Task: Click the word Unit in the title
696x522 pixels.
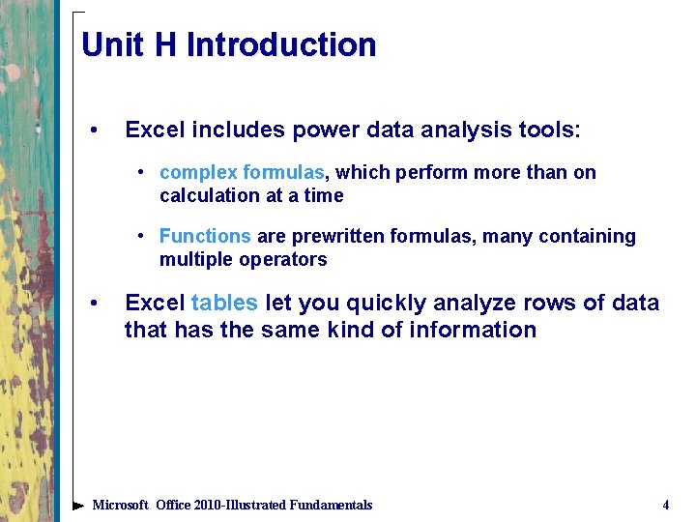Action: pyautogui.click(x=108, y=45)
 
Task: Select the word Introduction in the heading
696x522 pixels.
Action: pyautogui.click(x=280, y=45)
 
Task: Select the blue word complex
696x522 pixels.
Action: pyautogui.click(x=198, y=173)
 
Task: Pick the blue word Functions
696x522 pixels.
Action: pyautogui.click(x=205, y=237)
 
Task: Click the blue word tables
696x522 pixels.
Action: pyautogui.click(x=224, y=303)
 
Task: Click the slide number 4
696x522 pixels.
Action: pyautogui.click(x=665, y=505)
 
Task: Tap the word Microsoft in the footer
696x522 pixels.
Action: pyautogui.click(x=120, y=505)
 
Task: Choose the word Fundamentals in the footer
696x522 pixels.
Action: pyautogui.click(x=326, y=505)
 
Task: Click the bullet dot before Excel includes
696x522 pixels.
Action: pyautogui.click(x=93, y=130)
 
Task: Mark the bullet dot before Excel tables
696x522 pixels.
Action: pyautogui.click(x=93, y=304)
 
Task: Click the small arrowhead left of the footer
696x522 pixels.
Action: pyautogui.click(x=78, y=505)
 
